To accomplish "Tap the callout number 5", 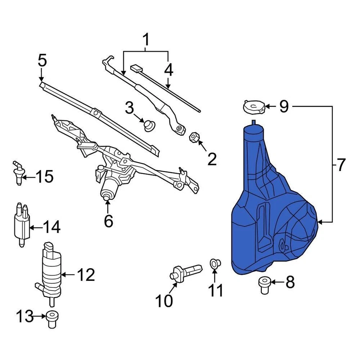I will coord(42,61).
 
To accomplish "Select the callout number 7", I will coord(340,165).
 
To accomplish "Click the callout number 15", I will coord(45,176).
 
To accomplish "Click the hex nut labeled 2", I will coord(194,137).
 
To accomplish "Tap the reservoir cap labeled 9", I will coord(254,107).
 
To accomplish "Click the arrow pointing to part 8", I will coord(276,282).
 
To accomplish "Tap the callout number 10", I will coord(164,301).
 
